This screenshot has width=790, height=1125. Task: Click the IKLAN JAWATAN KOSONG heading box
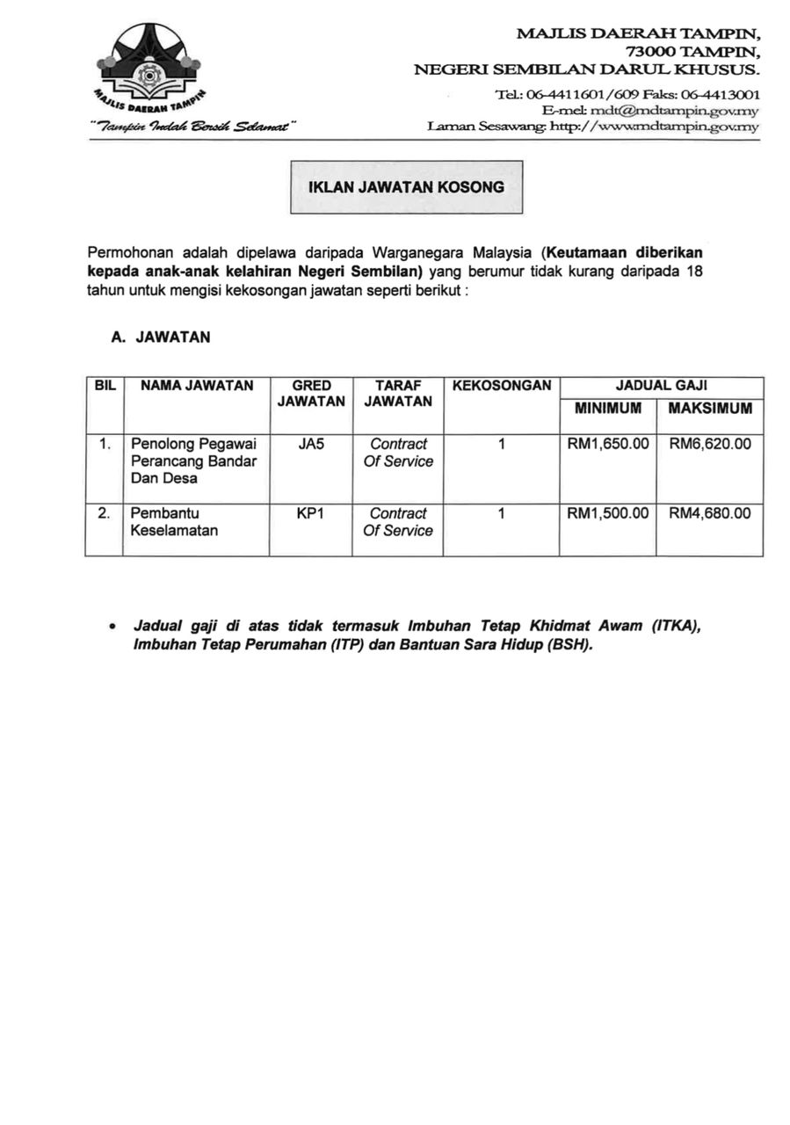(406, 187)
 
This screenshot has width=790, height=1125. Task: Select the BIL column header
(105, 385)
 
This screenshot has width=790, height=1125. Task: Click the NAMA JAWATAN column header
(197, 385)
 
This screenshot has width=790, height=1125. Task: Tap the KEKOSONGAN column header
(501, 385)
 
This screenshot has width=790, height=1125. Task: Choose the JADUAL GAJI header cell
(662, 385)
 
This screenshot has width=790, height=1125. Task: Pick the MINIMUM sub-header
(608, 408)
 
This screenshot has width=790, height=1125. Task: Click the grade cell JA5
(311, 445)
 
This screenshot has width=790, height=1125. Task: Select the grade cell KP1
(311, 513)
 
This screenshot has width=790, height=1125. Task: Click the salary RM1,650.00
(608, 445)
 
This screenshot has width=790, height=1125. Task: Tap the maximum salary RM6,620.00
(710, 445)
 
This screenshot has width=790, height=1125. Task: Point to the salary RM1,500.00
(608, 513)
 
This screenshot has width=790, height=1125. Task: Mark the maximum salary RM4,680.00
(710, 513)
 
